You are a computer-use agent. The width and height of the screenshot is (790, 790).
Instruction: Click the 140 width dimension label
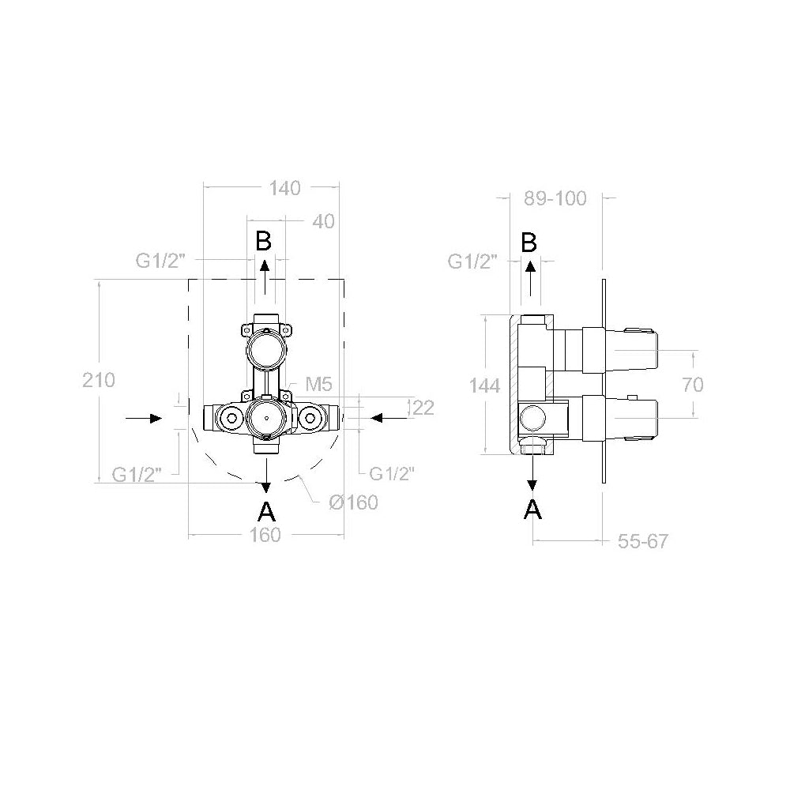point(284,189)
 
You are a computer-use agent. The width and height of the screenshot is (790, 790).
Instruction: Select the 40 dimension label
point(323,222)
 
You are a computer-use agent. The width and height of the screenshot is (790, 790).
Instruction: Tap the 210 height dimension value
point(99,380)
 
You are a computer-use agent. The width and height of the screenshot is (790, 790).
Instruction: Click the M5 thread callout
point(318,385)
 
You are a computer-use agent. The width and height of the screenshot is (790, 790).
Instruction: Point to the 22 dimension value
point(423,408)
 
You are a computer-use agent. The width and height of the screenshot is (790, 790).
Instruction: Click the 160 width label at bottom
point(265,535)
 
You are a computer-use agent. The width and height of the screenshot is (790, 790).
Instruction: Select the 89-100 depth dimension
point(556,199)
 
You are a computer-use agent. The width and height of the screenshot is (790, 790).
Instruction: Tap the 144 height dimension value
point(484,386)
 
